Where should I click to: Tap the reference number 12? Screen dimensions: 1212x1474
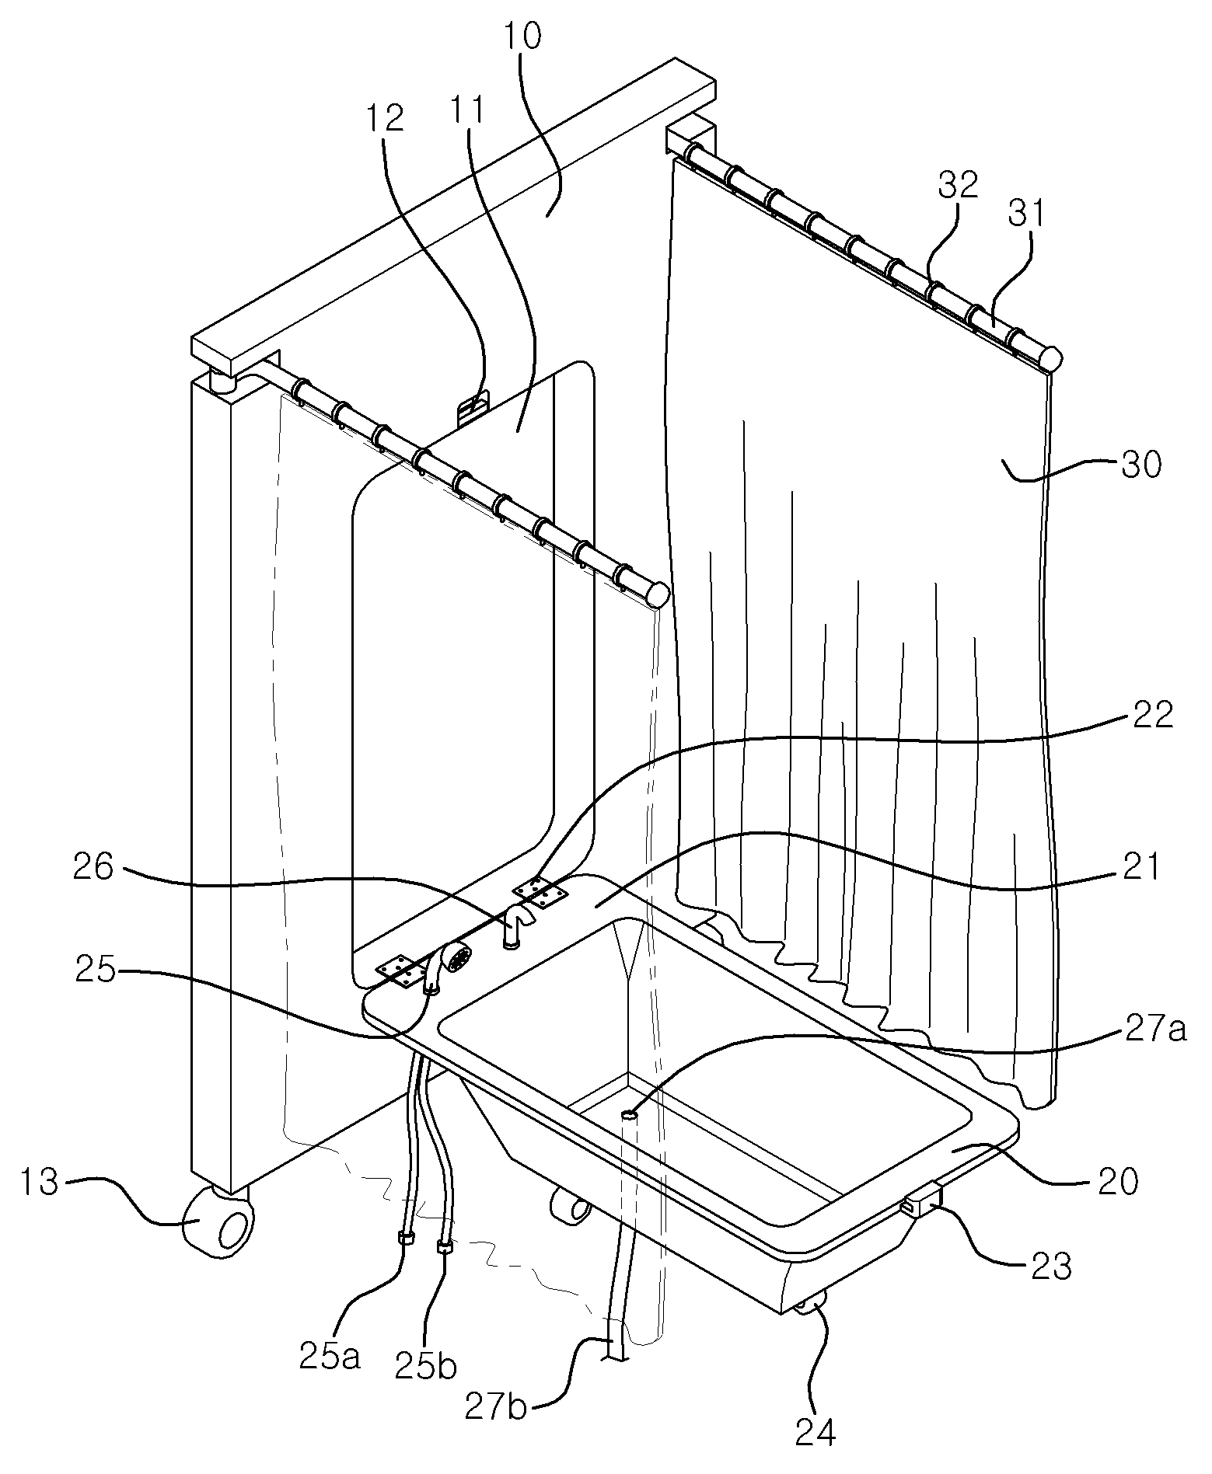[x=386, y=117]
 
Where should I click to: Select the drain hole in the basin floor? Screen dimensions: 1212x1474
[x=630, y=1115]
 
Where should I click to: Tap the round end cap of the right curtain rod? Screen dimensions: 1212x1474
[x=1051, y=359]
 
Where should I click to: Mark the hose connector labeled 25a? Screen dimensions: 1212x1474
[x=405, y=1238]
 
